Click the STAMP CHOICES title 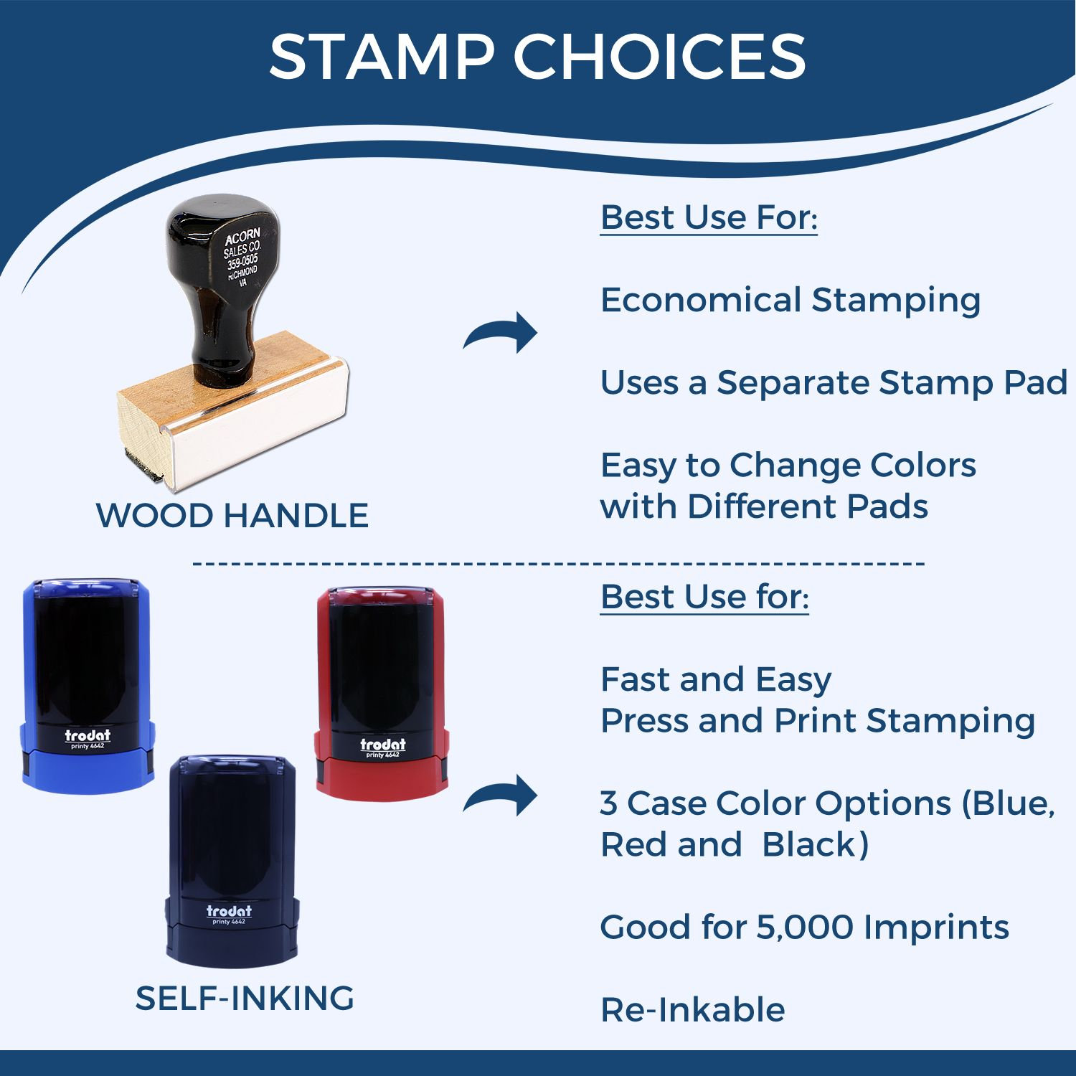pyautogui.click(x=537, y=56)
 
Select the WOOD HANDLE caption pyautogui.click(x=232, y=515)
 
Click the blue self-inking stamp pyautogui.click(x=88, y=685)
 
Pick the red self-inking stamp pyautogui.click(x=382, y=692)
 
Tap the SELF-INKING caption pyautogui.click(x=245, y=998)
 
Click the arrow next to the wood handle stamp pyautogui.click(x=501, y=331)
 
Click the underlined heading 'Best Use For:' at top pyautogui.click(x=709, y=217)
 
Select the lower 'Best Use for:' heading pyautogui.click(x=704, y=597)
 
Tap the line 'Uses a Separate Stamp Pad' pyautogui.click(x=834, y=383)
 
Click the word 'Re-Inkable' pyautogui.click(x=693, y=1010)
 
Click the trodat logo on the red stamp pyautogui.click(x=383, y=745)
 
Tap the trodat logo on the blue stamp pyautogui.click(x=88, y=735)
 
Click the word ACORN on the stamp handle pyautogui.click(x=242, y=238)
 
